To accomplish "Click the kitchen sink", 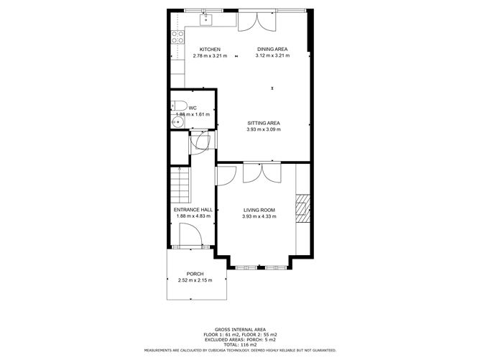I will [x=207, y=19].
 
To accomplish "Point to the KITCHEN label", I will [x=210, y=49].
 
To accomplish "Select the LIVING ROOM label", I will [x=259, y=210].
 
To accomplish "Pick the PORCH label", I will [x=195, y=274].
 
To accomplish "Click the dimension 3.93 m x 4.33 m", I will [x=259, y=216].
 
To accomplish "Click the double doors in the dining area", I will [x=255, y=20].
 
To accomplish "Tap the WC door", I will [x=197, y=141].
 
